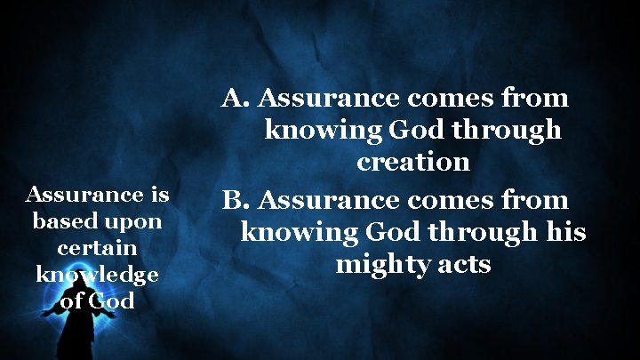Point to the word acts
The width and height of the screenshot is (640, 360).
[461, 265]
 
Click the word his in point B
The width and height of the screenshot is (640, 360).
[566, 233]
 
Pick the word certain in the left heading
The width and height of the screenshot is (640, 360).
[97, 248]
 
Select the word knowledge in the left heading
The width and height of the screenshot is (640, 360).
[97, 275]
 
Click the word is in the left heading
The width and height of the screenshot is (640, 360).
[160, 194]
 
